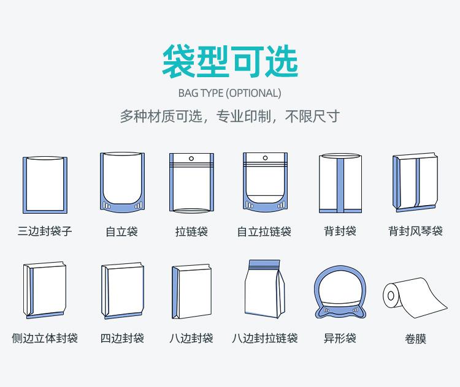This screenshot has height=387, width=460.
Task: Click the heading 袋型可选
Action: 230,61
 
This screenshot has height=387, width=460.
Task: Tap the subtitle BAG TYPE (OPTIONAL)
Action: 229,93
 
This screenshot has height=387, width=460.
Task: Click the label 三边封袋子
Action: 45,231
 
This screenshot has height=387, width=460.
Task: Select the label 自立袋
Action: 121,231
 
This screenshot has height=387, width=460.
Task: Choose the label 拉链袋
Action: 191,231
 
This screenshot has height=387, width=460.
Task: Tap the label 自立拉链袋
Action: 264,231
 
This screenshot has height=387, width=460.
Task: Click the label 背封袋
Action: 340,231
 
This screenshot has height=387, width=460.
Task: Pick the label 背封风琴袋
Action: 415,231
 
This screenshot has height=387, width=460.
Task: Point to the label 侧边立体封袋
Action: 45,338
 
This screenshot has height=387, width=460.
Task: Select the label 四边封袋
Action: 122,338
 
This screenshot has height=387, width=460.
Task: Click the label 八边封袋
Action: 191,338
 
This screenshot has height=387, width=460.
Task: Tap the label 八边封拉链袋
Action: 264,338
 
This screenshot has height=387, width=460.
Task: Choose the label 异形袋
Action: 340,338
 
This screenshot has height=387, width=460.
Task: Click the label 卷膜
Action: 415,339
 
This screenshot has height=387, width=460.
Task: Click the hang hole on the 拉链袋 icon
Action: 191,159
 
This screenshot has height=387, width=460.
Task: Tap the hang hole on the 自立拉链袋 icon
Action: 265,159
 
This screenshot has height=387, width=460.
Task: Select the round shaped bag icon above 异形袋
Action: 340,293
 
